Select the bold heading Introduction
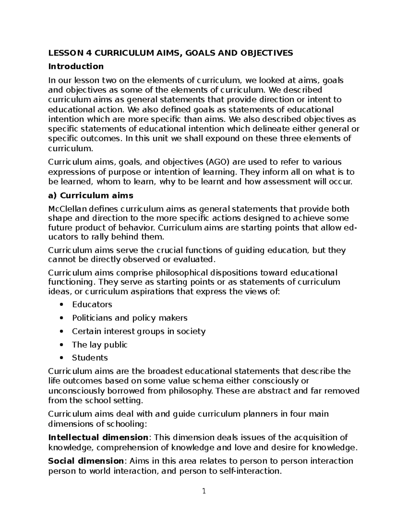point(76,66)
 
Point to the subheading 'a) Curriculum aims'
point(91,195)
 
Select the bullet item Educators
point(92,304)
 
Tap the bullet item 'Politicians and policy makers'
point(130,318)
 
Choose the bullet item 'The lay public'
point(100,345)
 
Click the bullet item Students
point(90,358)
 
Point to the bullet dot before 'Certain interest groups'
point(61,331)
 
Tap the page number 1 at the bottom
point(204,491)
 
